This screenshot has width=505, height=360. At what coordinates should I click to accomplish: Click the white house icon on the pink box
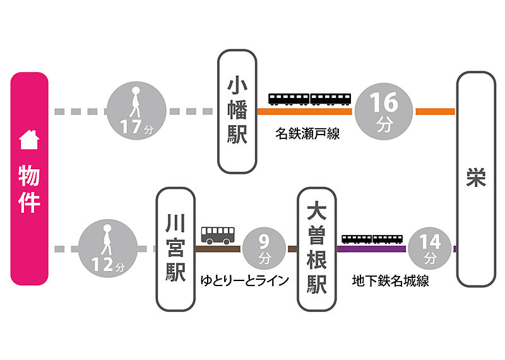[30, 140]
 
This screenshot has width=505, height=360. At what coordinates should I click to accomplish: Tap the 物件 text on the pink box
[30, 189]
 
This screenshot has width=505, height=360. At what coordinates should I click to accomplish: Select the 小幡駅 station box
[237, 112]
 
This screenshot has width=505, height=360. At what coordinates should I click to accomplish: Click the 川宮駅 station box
[175, 249]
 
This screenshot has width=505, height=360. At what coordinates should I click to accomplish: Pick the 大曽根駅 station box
[317, 249]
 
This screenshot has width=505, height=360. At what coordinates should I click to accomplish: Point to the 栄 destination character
[476, 179]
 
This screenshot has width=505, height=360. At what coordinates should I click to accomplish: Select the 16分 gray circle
[384, 111]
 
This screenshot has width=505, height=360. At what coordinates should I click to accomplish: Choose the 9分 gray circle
[265, 249]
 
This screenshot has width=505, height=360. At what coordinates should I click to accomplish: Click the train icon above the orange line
[310, 99]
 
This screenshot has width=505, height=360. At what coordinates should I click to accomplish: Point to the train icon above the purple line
[372, 239]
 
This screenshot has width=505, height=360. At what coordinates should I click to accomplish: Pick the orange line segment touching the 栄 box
[436, 112]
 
